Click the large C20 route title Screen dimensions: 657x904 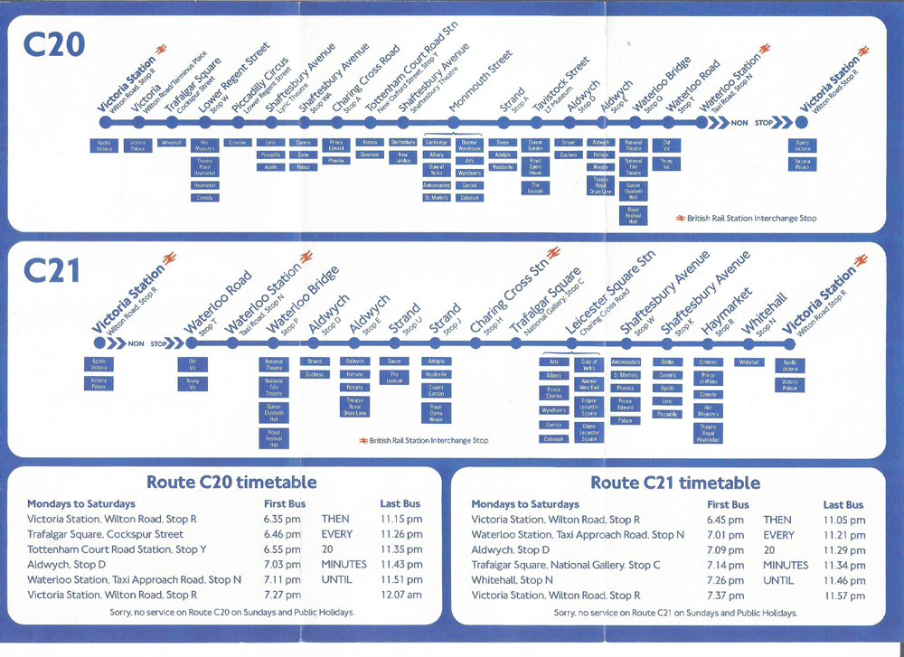55,44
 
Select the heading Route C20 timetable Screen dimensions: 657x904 231,482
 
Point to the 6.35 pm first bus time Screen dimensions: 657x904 282,520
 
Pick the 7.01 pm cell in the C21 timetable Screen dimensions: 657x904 725,535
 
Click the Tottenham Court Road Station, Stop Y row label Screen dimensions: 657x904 118,549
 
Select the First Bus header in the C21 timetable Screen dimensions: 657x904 728,504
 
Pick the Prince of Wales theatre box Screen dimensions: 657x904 709,379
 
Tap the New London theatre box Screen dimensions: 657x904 402,156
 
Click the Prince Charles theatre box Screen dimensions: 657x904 553,393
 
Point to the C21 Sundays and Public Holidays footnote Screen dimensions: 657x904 675,613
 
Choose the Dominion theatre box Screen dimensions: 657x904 369,155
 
